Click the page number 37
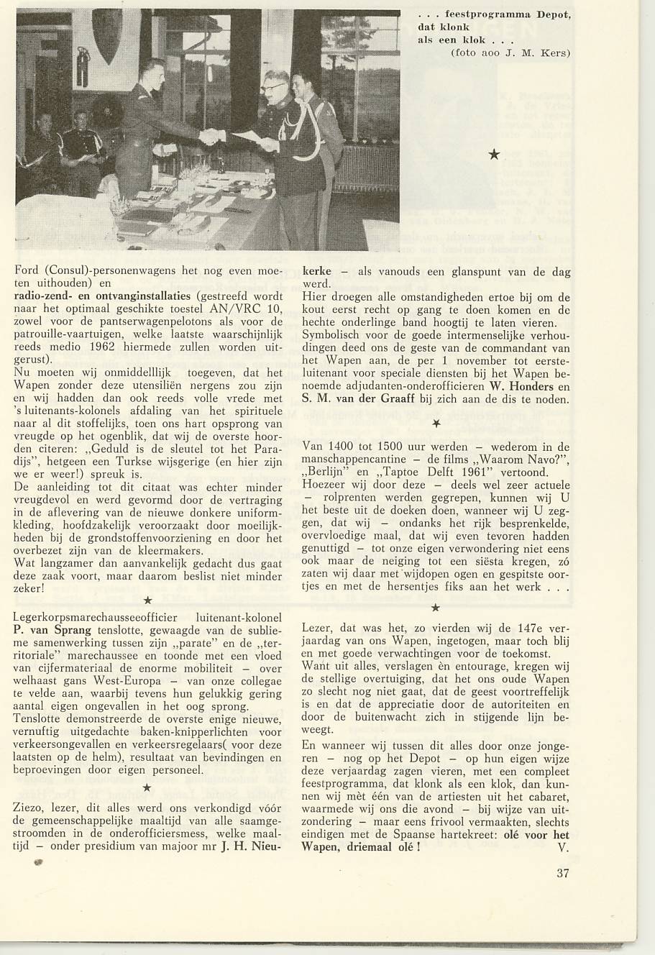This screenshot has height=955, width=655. pyautogui.click(x=563, y=874)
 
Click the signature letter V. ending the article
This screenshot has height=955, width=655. pyautogui.click(x=563, y=846)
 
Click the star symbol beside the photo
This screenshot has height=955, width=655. pyautogui.click(x=494, y=154)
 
